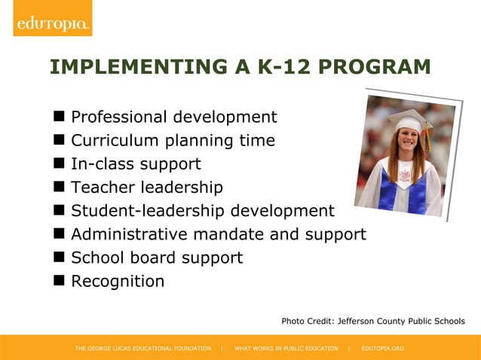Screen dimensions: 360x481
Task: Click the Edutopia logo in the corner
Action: (51, 23)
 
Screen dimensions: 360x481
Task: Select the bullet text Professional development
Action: (173, 117)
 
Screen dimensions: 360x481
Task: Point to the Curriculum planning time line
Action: (173, 141)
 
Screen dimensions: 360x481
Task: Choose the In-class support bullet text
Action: (136, 164)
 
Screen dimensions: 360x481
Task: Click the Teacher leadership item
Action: (147, 188)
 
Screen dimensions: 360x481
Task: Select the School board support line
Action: (157, 258)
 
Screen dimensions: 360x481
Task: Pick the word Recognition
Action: (118, 282)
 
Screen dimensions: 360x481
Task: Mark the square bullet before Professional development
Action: (58, 117)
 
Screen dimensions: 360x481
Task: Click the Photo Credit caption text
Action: (373, 322)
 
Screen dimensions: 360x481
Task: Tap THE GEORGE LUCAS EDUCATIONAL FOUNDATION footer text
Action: (143, 349)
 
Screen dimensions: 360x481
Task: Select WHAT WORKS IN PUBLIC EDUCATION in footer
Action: (286, 349)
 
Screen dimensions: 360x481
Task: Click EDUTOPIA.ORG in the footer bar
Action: (383, 349)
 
